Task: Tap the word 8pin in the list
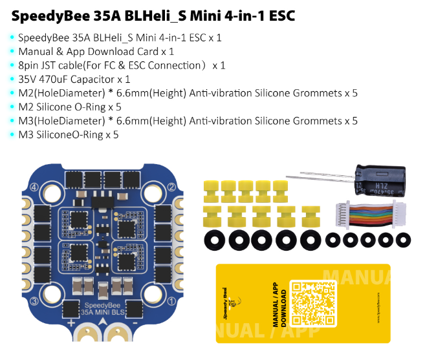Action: point(28,65)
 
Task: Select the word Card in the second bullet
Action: point(151,51)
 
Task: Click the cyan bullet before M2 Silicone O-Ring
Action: point(12,107)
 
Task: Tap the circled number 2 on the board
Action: point(172,188)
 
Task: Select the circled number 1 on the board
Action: point(172,301)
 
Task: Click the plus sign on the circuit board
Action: point(71,321)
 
